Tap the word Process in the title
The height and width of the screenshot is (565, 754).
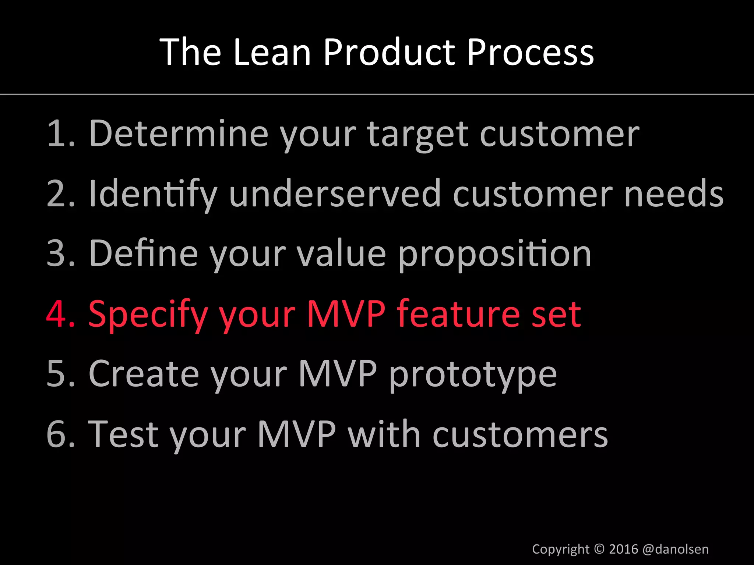pos(530,52)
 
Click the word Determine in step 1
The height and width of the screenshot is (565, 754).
pos(179,134)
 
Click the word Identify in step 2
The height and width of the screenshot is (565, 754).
pos(153,194)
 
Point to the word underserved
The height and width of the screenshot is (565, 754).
pos(335,194)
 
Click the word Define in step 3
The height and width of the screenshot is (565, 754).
pos(144,253)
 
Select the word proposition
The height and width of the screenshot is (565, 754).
pos(494,255)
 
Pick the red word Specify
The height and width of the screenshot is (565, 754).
pos(148,316)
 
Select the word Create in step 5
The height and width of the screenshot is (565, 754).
pos(144,374)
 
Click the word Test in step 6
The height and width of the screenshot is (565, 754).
pos(123,434)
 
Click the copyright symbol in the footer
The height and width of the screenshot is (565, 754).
pos(599,549)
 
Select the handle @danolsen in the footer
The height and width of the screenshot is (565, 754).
pos(675,549)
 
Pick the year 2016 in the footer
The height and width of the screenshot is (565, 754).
pos(623,549)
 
